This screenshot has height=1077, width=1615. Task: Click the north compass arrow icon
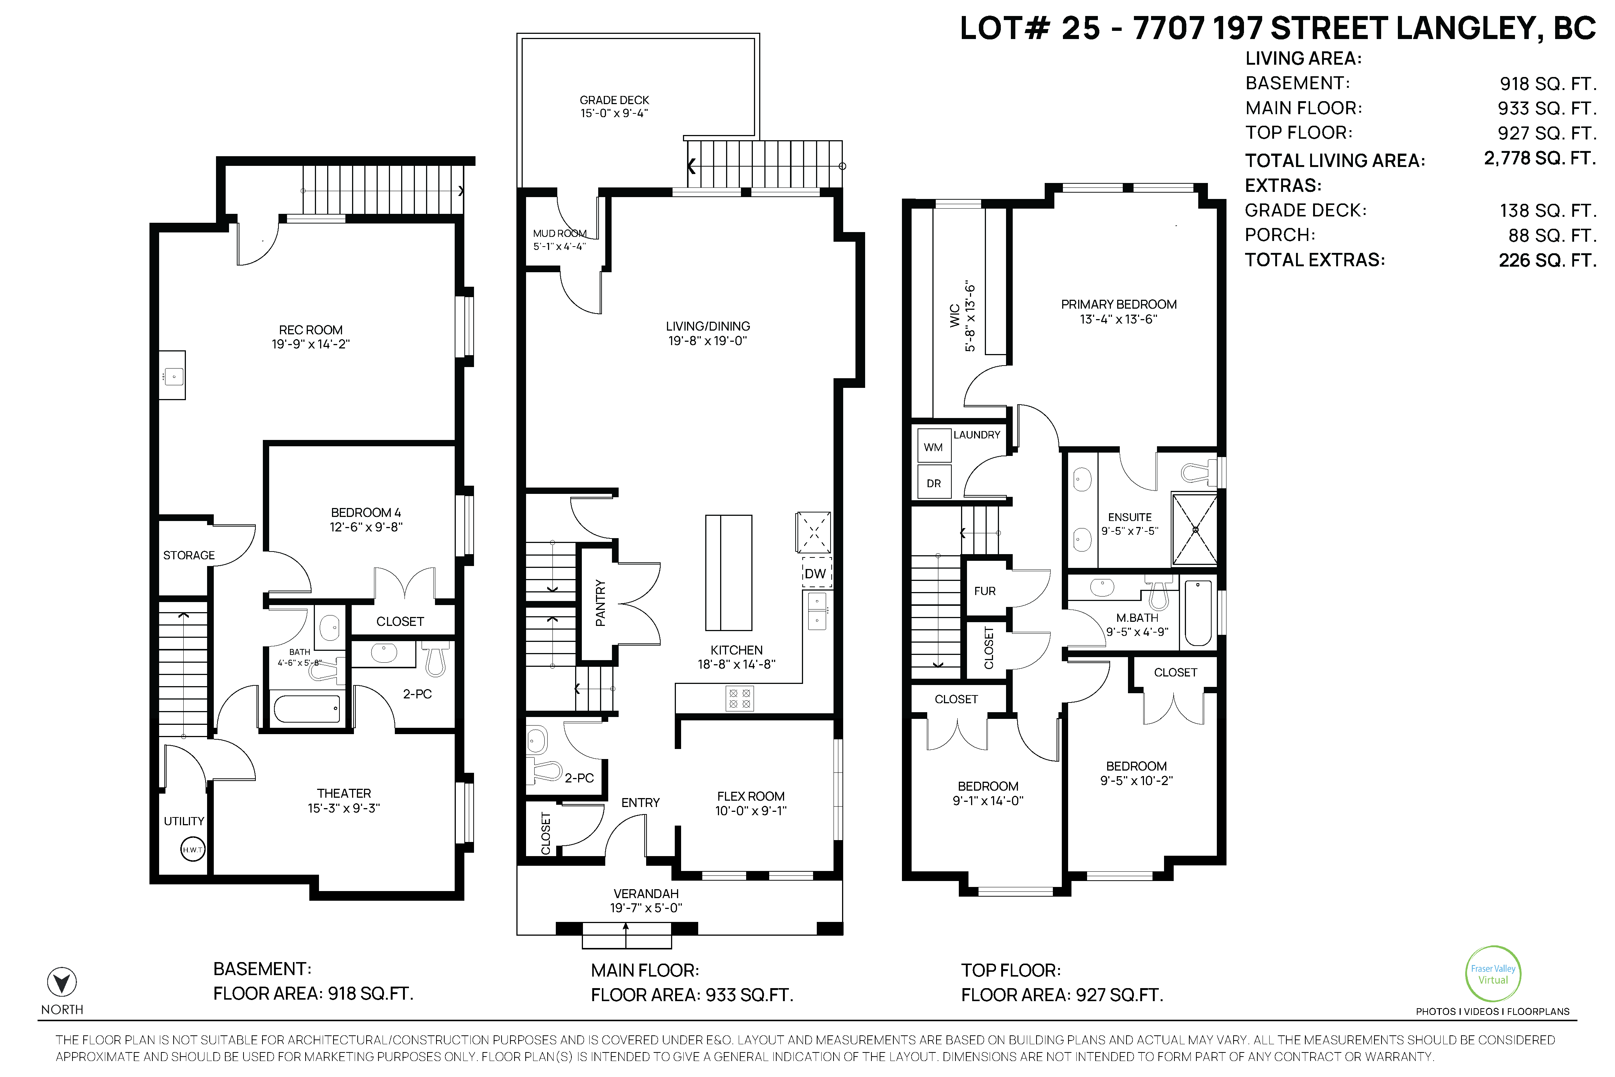click(62, 982)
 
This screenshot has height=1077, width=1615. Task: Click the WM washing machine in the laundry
click(933, 447)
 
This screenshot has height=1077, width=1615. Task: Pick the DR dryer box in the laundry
click(933, 483)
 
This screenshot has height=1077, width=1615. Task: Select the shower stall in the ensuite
click(1195, 530)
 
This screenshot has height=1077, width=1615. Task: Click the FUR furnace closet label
click(985, 591)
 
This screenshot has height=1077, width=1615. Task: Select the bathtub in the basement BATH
click(307, 708)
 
